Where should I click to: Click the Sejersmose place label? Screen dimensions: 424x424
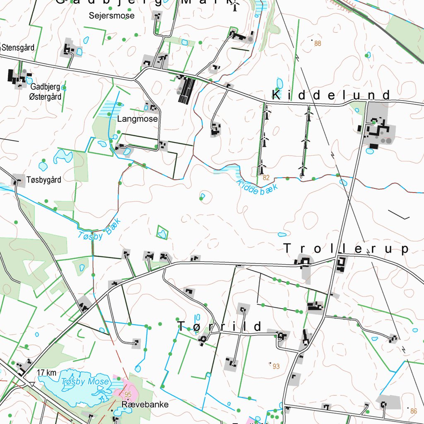pyautogui.click(x=112, y=16)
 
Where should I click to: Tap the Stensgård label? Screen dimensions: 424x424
pyautogui.click(x=18, y=48)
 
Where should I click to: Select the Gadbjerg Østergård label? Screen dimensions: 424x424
pyautogui.click(x=46, y=92)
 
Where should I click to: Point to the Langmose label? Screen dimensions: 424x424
pyautogui.click(x=137, y=119)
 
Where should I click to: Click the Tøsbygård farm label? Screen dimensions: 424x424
pyautogui.click(x=44, y=180)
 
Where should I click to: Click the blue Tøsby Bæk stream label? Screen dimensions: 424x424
pyautogui.click(x=100, y=229)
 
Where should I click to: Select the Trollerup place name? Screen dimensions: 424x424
pyautogui.click(x=346, y=249)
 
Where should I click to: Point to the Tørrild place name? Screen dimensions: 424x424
pyautogui.click(x=220, y=327)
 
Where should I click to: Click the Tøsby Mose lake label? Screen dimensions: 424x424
pyautogui.click(x=85, y=382)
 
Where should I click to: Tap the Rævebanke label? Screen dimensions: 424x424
pyautogui.click(x=145, y=405)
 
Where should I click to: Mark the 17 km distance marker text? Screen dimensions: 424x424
pyautogui.click(x=46, y=373)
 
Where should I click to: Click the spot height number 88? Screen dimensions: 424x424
pyautogui.click(x=318, y=43)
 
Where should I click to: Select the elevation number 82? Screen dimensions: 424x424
pyautogui.click(x=266, y=178)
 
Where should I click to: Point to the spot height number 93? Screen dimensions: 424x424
pyautogui.click(x=276, y=366)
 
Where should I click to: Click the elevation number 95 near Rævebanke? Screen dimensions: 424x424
pyautogui.click(x=128, y=394)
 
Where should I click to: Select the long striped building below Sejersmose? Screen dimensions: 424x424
pyautogui.click(x=187, y=90)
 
